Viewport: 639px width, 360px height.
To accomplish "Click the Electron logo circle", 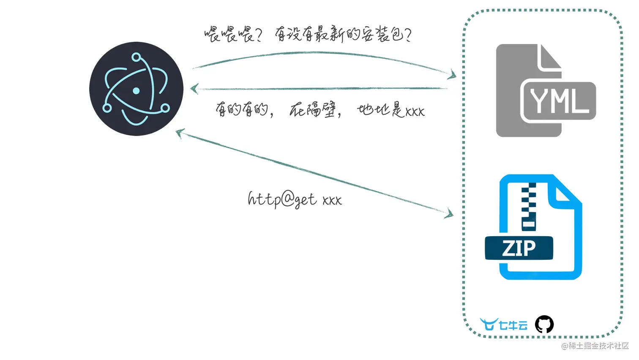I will point(136,89).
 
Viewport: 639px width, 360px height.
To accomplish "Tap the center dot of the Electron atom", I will point(136,90).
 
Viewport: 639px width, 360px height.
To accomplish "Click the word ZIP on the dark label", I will point(519,248).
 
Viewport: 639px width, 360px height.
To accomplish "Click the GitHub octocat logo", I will point(544,325).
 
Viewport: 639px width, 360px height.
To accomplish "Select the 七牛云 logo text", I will point(513,325).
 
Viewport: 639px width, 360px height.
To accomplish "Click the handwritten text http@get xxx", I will point(295,199).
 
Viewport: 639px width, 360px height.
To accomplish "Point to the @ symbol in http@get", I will point(287,199).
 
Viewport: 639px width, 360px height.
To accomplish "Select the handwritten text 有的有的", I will point(243,110).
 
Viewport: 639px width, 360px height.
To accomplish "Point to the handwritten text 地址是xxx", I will point(391,110).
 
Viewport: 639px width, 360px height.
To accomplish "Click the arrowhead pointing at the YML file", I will point(453,75).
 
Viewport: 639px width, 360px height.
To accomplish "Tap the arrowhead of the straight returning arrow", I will point(194,89).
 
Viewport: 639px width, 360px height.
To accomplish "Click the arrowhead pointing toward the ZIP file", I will point(449,213).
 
